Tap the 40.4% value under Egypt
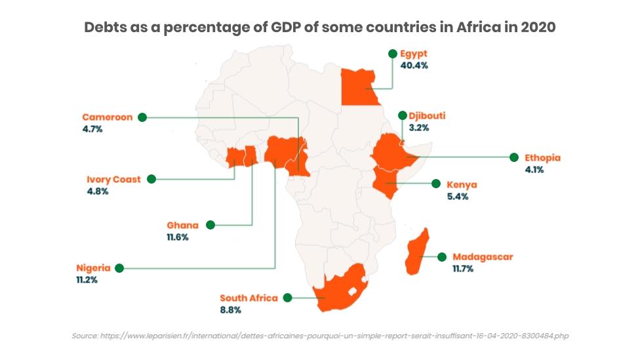tap(416, 66)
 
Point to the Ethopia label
tap(542, 158)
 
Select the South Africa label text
tap(249, 298)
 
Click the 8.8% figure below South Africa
tap(231, 310)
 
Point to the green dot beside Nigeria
tap(119, 268)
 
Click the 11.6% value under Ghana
tap(177, 237)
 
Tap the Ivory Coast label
tap(113, 179)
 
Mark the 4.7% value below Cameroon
tap(92, 129)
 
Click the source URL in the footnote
tap(334, 336)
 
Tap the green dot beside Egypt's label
tap(392, 54)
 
